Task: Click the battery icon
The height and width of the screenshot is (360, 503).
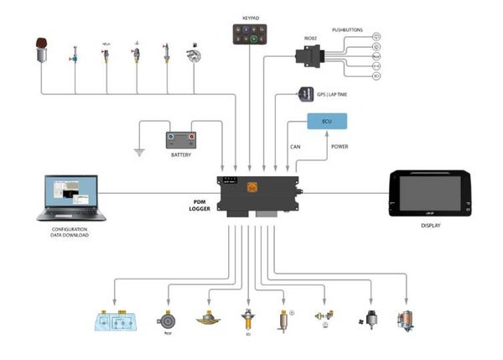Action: (x=180, y=138)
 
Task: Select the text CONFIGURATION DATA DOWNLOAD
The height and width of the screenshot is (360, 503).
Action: (x=70, y=232)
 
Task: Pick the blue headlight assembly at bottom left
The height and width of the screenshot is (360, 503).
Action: (x=117, y=322)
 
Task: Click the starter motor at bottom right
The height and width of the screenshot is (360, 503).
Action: (x=407, y=319)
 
